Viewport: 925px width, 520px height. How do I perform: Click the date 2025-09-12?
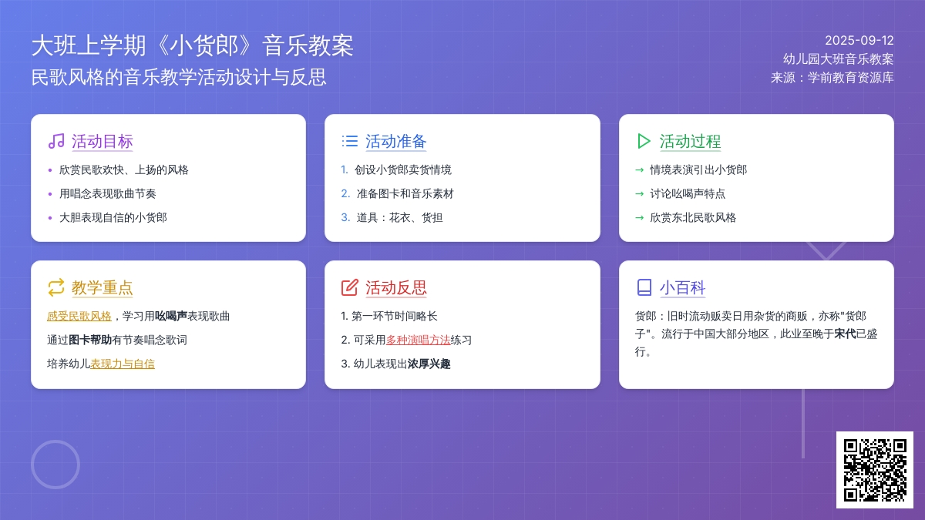pos(859,40)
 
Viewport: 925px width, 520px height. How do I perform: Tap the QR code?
pos(875,470)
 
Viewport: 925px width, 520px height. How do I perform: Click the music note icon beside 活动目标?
pos(56,141)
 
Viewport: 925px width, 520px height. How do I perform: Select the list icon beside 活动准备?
pos(350,141)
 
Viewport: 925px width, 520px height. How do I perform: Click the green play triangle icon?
pos(644,141)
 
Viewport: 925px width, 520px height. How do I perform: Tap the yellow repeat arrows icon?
pos(56,287)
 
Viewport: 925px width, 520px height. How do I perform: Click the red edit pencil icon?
pos(350,287)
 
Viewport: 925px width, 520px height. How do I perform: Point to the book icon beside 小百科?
pos(644,287)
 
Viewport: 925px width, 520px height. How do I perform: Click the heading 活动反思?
pos(395,287)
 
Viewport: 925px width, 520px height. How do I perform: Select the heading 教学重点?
pos(102,287)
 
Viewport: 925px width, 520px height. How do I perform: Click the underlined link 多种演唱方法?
pos(418,340)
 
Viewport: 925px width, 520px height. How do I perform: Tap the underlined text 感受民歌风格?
pos(79,316)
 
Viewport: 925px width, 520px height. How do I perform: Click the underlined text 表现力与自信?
pos(123,364)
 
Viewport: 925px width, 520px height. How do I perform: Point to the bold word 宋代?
pos(845,334)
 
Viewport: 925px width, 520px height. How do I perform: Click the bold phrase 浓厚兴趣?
pos(429,364)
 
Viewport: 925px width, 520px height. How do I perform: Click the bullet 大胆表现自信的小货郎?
pos(113,217)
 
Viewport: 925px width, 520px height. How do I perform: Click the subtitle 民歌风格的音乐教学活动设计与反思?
pos(179,77)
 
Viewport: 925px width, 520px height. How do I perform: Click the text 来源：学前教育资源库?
pos(832,78)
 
